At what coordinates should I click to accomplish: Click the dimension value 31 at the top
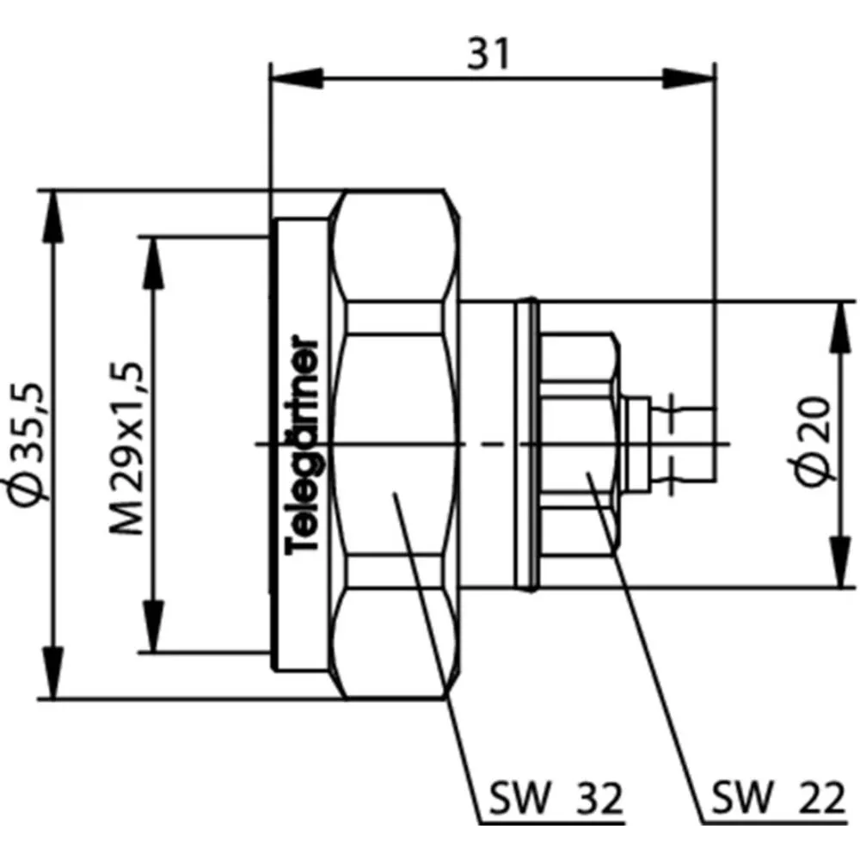coord(488,53)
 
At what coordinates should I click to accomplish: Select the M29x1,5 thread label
coord(126,447)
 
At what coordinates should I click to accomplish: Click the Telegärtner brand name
coord(303,445)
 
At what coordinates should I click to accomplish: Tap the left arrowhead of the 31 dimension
coord(296,78)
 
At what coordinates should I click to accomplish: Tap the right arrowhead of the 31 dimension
coord(688,78)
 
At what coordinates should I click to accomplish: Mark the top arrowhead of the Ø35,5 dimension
coord(53,217)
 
